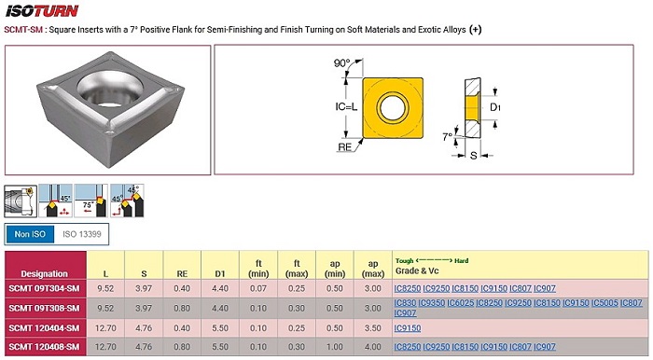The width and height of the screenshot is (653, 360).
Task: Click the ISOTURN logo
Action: pos(42,11)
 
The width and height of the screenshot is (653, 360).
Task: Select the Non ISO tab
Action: pos(30,234)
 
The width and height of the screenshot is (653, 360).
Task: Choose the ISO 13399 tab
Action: pos(82,234)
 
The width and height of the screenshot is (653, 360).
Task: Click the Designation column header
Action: pos(45,274)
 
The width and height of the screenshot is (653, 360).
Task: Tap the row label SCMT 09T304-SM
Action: pos(44,288)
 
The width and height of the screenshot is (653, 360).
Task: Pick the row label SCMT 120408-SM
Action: pos(44,347)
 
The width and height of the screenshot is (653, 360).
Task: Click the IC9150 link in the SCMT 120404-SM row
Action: pos(408,328)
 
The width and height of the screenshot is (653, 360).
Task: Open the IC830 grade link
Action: pos(405,303)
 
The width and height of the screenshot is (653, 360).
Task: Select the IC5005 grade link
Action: pos(604,303)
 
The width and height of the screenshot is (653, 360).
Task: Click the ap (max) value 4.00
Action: pos(373,347)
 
